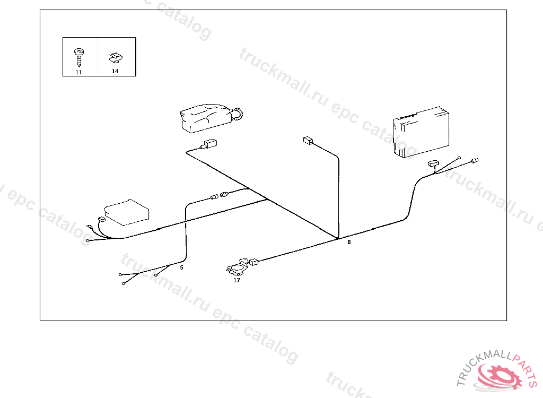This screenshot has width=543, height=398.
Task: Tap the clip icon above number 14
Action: (x=115, y=56)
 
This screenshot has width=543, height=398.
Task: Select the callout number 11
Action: (x=78, y=72)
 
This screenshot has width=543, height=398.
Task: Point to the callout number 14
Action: (x=115, y=71)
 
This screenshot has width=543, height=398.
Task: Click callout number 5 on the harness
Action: (x=181, y=267)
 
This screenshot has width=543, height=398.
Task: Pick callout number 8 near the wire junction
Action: (x=349, y=242)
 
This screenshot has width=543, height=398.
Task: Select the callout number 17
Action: (x=237, y=280)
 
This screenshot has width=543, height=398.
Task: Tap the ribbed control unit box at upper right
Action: (x=419, y=129)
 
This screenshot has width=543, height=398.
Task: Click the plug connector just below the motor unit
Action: (x=209, y=143)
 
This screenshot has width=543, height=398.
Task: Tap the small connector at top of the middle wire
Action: (x=307, y=141)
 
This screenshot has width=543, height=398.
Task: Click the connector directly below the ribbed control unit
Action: (x=433, y=164)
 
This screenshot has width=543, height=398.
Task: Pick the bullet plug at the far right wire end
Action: (x=475, y=160)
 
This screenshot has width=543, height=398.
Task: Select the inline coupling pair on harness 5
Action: (x=220, y=196)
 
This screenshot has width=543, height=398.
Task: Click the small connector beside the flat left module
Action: (x=101, y=219)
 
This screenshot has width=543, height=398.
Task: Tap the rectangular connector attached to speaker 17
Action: (x=254, y=261)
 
